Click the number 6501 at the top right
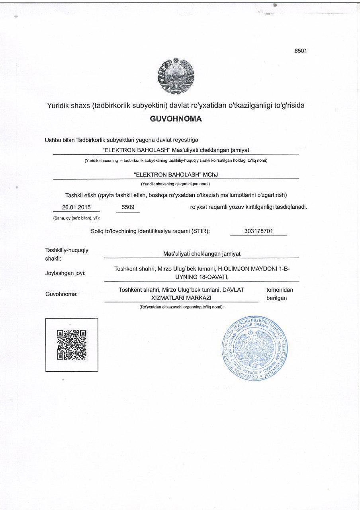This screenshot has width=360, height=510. point(300,51)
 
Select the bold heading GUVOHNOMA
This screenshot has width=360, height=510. point(176,119)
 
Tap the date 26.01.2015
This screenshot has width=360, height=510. point(76,207)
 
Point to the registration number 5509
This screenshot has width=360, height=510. point(128,207)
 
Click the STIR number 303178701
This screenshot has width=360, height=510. point(258,231)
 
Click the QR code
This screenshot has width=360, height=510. point(72,345)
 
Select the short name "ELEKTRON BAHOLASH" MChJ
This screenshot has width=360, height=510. point(176,175)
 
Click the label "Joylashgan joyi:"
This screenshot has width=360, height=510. point(66,273)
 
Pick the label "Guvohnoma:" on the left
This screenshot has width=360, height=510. point(62,294)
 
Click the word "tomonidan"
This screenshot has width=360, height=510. point(280,290)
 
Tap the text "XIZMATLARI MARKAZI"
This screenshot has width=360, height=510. point(181,298)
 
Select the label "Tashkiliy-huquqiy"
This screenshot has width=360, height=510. point(67,250)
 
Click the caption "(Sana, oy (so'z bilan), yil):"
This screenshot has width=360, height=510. point(76,218)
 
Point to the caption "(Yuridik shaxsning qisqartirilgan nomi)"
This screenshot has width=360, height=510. point(175,184)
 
